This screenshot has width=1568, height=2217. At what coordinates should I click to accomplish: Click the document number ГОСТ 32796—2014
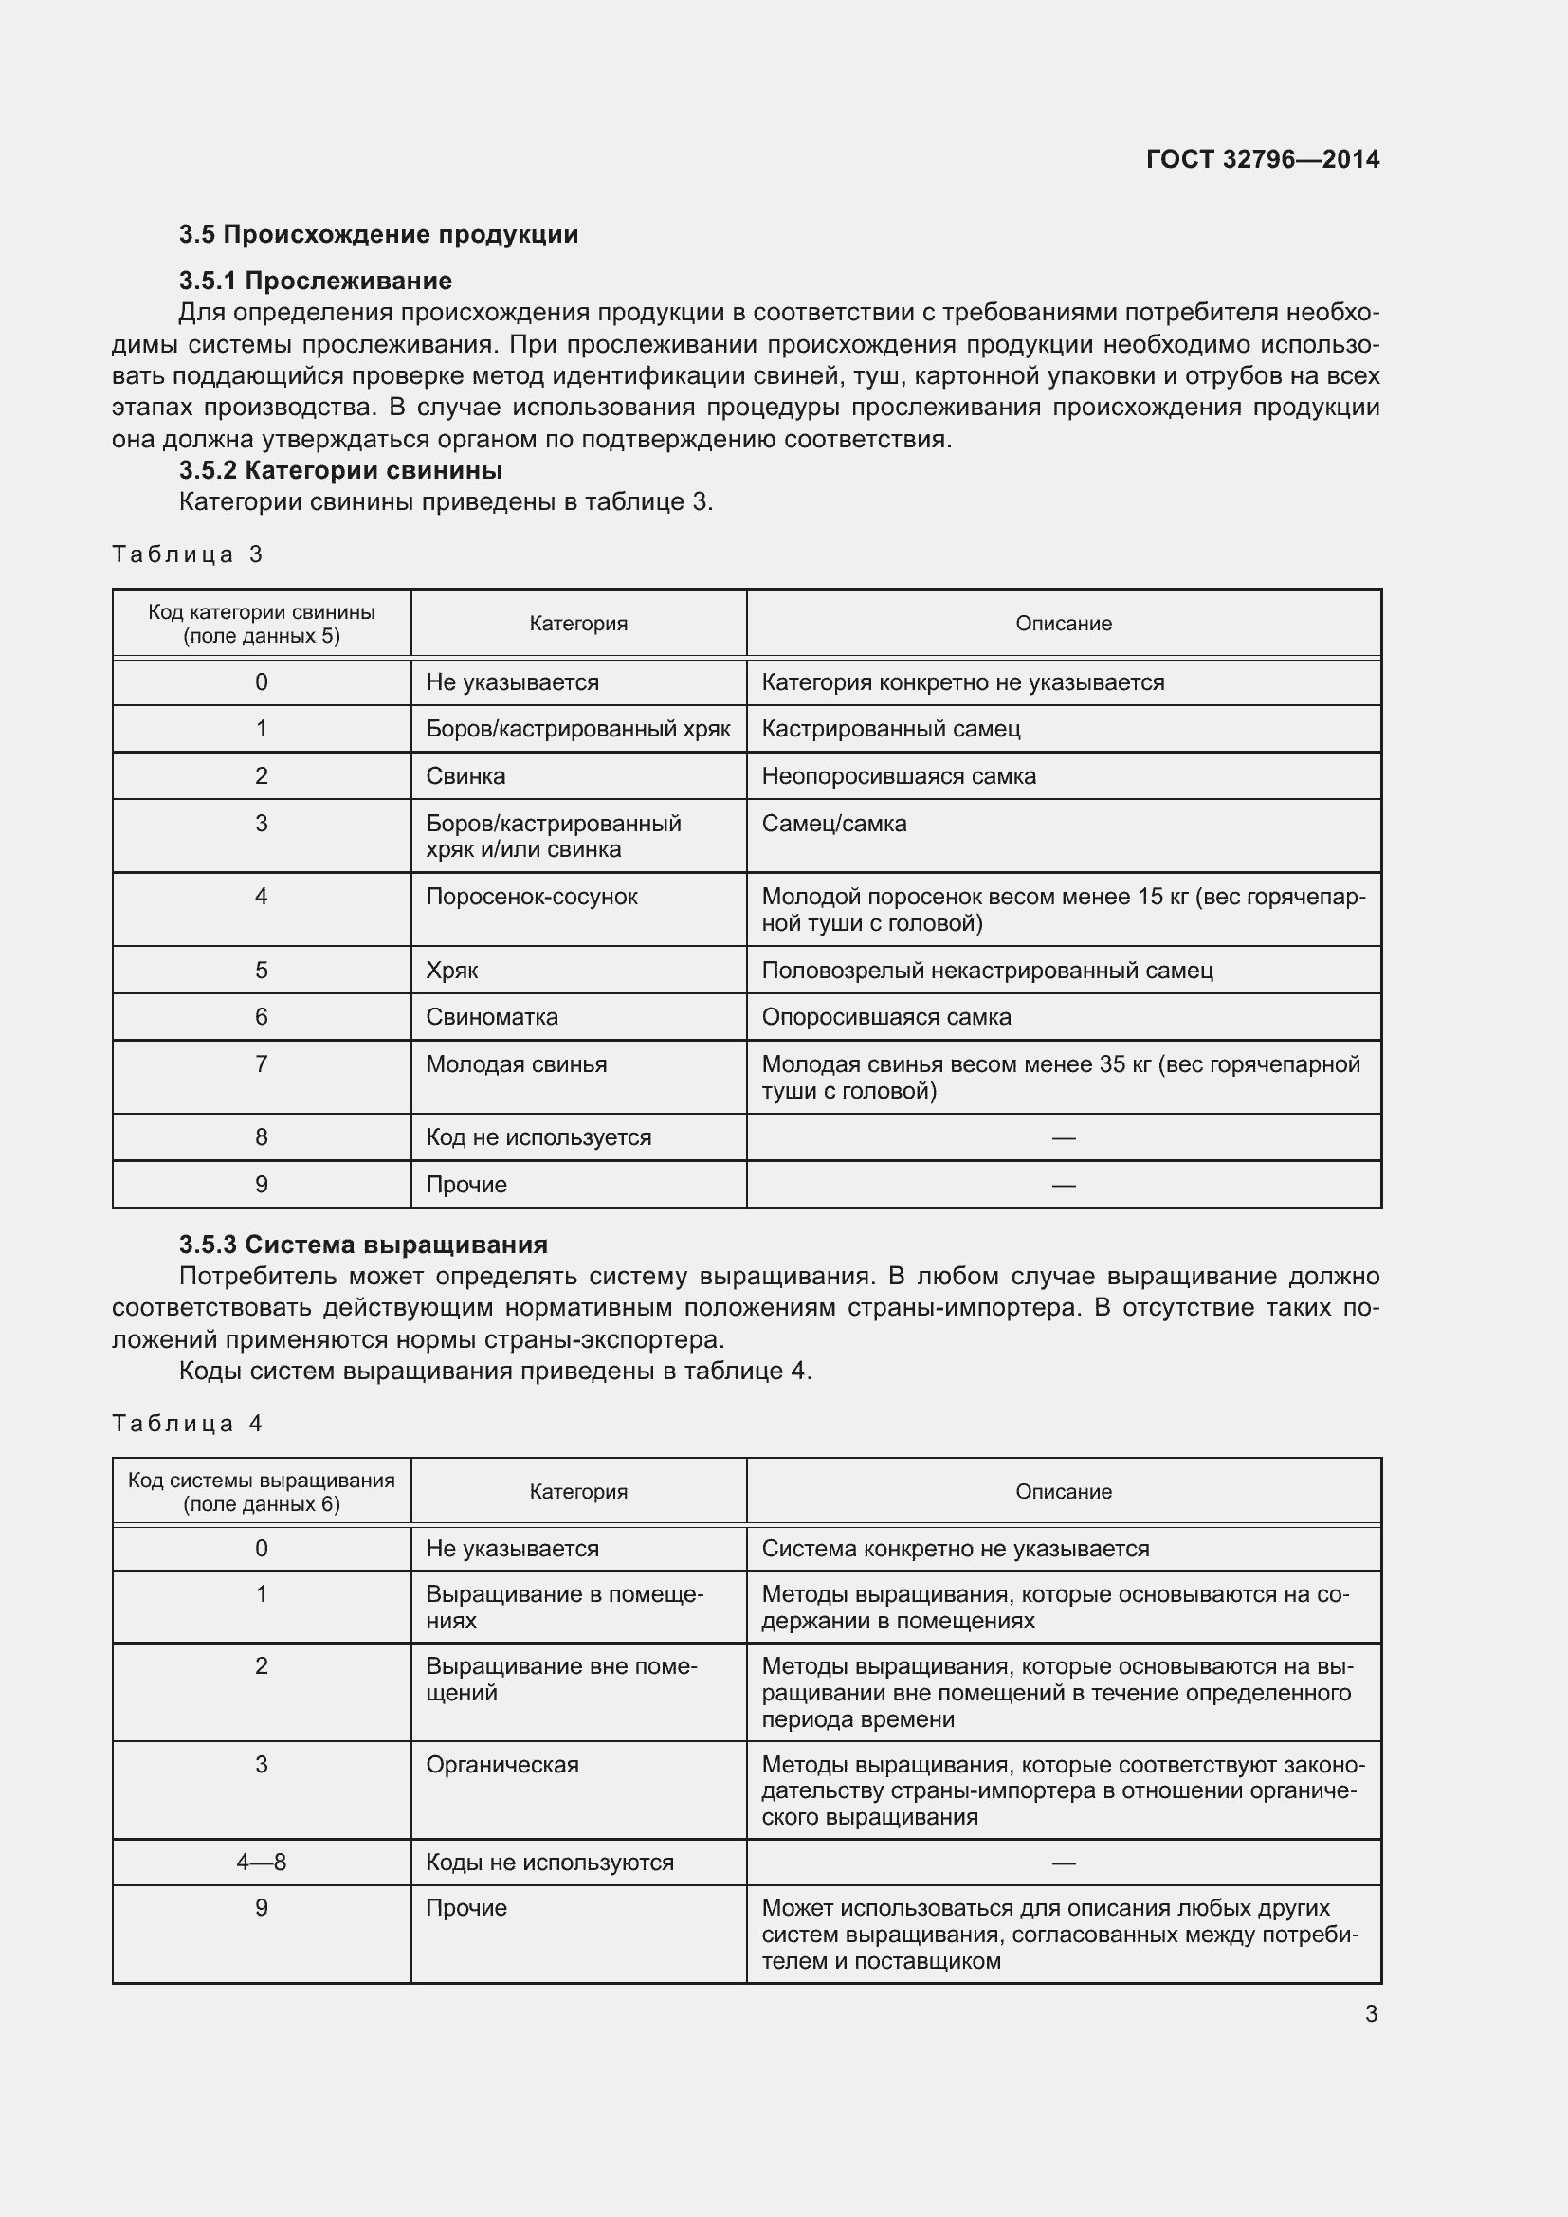tap(1262, 159)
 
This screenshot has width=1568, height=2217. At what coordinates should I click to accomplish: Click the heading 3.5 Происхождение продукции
tap(378, 235)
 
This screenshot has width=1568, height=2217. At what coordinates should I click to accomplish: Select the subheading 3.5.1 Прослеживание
tap(315, 281)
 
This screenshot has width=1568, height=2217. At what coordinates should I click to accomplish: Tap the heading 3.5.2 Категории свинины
tap(340, 470)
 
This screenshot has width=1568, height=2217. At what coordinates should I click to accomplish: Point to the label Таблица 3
tap(188, 554)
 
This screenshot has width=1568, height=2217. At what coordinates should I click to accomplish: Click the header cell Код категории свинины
tap(262, 624)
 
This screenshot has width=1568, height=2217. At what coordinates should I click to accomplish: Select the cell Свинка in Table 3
tap(465, 776)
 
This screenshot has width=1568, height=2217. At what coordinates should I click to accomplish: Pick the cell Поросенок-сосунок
tap(531, 897)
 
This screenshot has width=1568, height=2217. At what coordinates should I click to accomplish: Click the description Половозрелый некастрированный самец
tap(987, 971)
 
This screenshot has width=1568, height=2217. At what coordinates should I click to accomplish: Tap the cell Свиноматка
tap(491, 1017)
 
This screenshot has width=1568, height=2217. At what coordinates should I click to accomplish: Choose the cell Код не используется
tap(538, 1137)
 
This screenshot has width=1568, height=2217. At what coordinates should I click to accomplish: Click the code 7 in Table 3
tap(261, 1064)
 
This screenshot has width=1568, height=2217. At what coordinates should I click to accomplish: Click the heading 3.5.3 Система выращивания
tap(363, 1245)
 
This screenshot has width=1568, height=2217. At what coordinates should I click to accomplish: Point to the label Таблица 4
tap(188, 1424)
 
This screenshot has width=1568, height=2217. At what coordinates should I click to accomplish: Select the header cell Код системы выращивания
tap(262, 1492)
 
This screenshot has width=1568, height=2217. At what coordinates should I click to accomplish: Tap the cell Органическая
tap(502, 1765)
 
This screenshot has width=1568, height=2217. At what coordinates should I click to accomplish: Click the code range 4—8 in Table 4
tap(261, 1863)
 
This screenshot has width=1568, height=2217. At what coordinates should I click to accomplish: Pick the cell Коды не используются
tap(550, 1863)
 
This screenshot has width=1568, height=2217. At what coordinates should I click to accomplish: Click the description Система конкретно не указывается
tap(955, 1549)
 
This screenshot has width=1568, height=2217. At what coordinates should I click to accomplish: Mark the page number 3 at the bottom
tap(1370, 2014)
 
